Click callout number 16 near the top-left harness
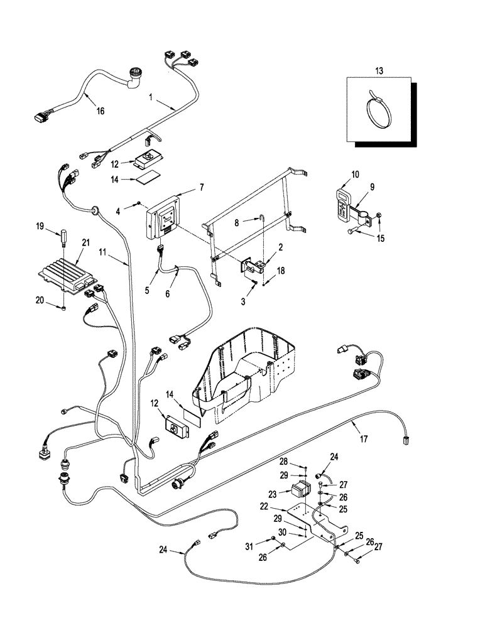click(100, 111)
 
